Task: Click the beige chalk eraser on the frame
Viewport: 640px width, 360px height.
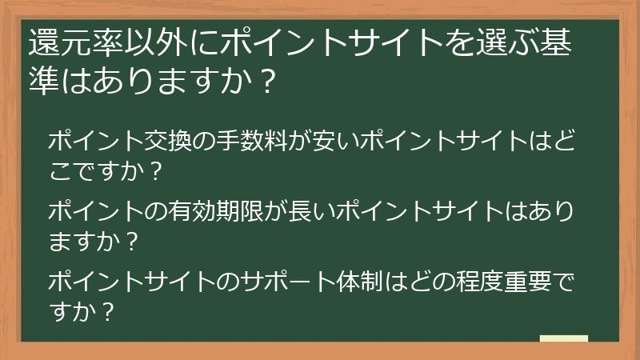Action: point(564,340)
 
